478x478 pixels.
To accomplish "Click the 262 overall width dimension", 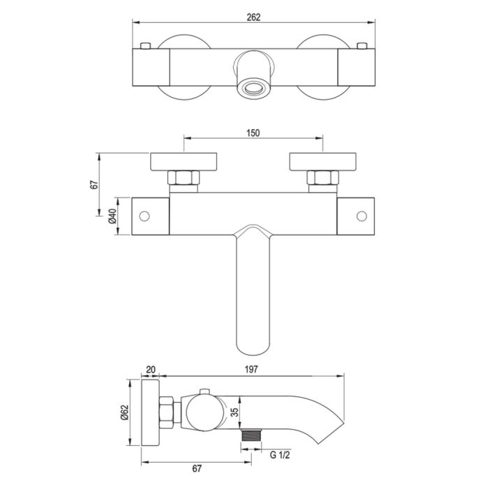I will pyautogui.click(x=253, y=17).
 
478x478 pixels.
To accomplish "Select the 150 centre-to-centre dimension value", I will pyautogui.click(x=253, y=133).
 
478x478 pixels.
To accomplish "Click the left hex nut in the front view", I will pyautogui.click(x=184, y=179).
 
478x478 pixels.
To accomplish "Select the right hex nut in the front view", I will pyautogui.click(x=322, y=179).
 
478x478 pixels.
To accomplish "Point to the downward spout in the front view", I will pyautogui.click(x=253, y=293).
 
